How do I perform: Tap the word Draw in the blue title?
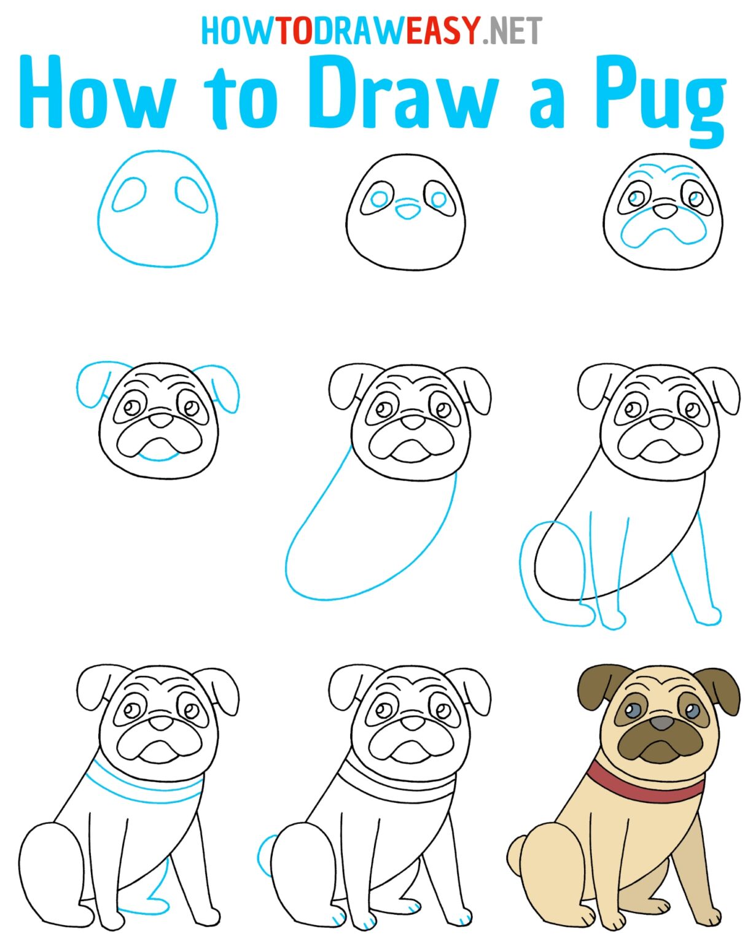click(402, 92)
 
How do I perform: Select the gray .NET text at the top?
click(512, 30)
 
